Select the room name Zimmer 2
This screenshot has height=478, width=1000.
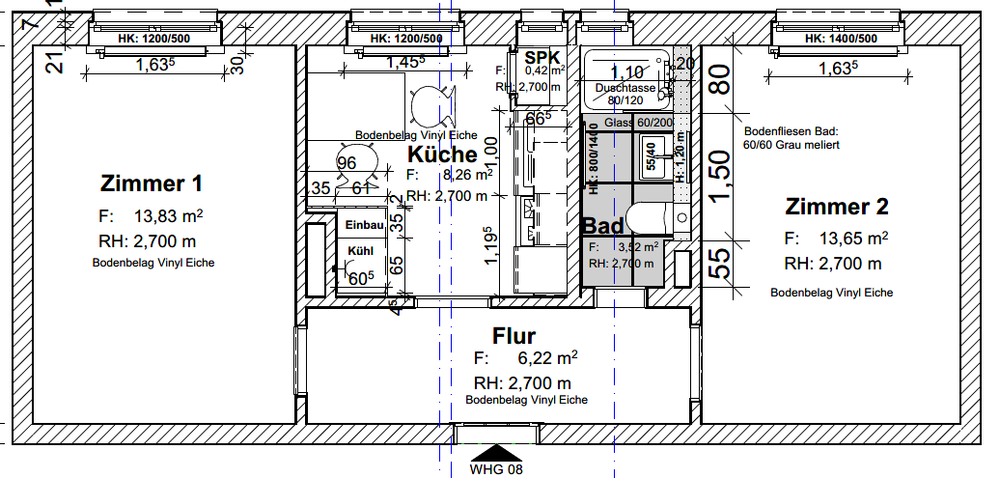click(837, 207)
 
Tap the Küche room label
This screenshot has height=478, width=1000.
click(442, 155)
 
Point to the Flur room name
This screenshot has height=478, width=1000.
click(514, 336)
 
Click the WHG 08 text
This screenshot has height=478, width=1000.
click(496, 470)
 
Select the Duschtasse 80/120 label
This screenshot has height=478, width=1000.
click(625, 94)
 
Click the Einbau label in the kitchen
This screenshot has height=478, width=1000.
click(365, 225)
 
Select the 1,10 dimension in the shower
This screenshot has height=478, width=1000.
click(628, 72)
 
